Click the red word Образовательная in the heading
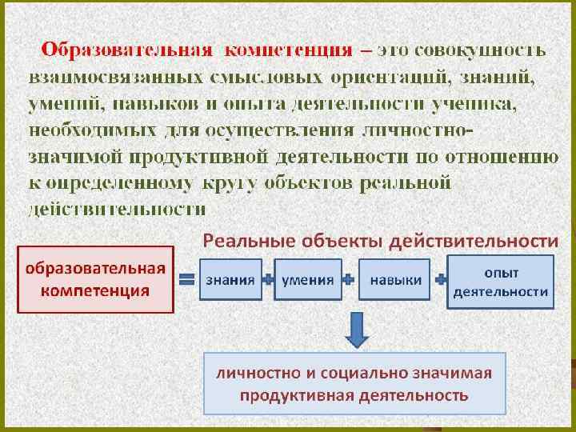coord(127,50)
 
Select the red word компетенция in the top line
coord(289,50)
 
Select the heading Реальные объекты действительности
coord(380,239)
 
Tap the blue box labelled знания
coord(230,280)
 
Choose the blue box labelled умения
coord(308,280)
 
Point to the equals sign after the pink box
coord(187,280)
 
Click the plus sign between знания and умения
coord(269,280)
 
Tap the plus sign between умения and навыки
coord(349,280)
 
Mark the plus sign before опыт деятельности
coord(440,280)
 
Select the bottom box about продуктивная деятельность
coord(355,383)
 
